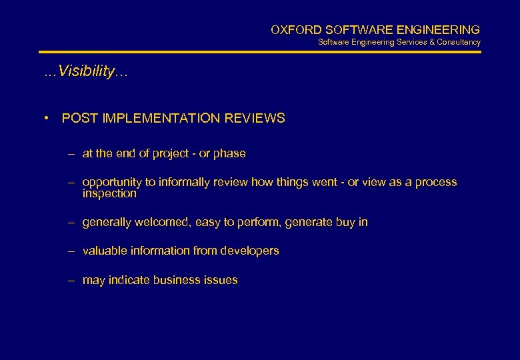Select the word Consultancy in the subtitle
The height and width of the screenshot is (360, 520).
459,42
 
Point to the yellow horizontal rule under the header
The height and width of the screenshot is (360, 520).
259,52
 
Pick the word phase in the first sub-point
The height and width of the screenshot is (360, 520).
229,153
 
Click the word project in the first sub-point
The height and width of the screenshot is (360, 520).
171,153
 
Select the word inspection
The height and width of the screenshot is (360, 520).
109,193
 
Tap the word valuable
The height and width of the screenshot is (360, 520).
103,251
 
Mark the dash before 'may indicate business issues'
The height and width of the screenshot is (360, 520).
71,280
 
